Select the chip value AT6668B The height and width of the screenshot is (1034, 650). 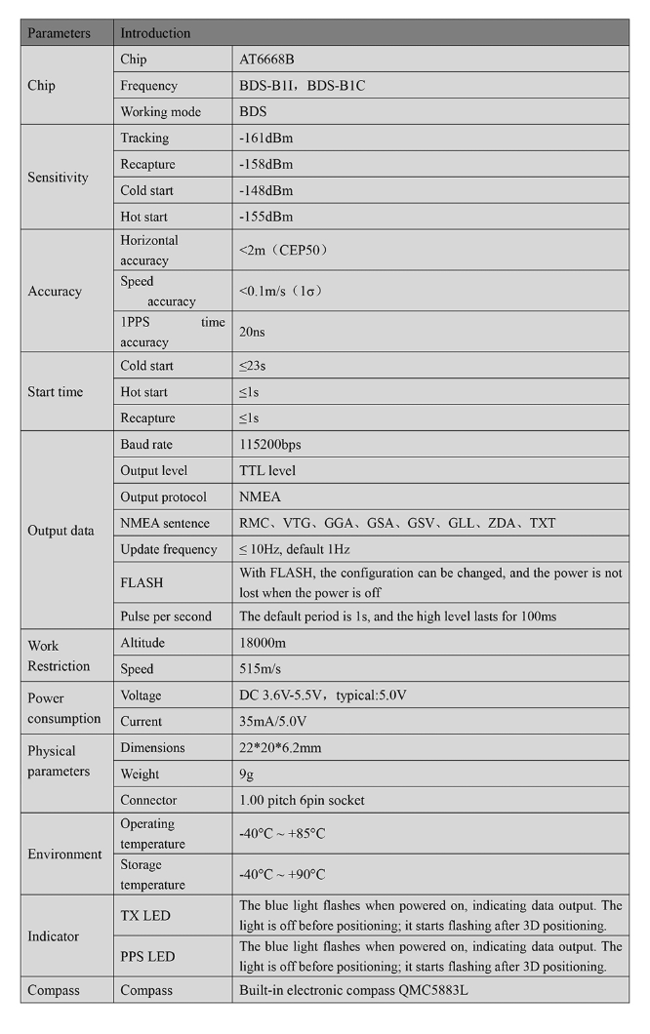266,60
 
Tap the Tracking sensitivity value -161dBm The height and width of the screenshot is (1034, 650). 265,139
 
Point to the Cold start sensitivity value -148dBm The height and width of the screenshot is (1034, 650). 265,191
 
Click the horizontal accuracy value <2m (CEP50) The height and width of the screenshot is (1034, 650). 284,250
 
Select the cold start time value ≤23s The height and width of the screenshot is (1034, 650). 255,367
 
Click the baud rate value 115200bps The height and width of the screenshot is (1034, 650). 270,445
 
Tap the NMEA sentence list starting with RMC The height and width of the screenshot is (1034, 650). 397,524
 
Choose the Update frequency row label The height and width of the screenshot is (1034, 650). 169,550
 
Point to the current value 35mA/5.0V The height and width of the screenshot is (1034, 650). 272,723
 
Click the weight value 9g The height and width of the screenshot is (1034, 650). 246,775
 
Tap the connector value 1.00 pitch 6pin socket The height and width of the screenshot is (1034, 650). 302,801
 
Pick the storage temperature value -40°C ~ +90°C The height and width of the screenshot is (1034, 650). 282,875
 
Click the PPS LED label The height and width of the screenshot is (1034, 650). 147,957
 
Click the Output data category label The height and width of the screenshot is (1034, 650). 61,532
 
